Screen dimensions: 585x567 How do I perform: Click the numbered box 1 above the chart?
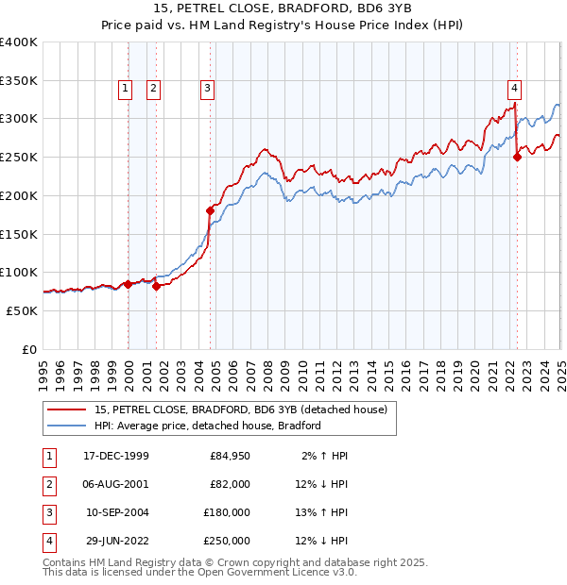point(125,89)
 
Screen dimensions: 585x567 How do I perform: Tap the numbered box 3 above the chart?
point(206,89)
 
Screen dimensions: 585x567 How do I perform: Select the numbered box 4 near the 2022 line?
point(514,89)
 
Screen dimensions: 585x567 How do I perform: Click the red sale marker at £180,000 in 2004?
point(210,210)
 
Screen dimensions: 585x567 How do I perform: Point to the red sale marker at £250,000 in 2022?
point(517,158)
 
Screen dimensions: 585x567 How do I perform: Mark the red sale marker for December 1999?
point(128,284)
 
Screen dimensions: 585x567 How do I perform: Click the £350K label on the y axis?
point(18,81)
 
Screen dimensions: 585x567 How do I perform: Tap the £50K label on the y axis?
point(22,310)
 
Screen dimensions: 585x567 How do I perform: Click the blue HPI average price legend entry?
point(208,426)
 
